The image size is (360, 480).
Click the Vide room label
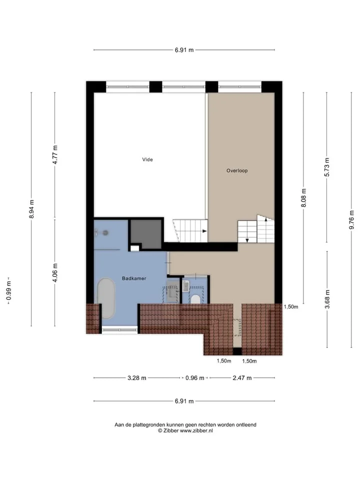click(x=147, y=159)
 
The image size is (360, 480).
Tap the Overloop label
click(x=237, y=171)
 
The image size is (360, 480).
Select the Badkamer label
click(x=134, y=278)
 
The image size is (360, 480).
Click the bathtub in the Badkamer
click(x=106, y=298)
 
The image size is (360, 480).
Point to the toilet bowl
click(x=195, y=299)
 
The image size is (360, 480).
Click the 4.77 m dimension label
click(x=55, y=154)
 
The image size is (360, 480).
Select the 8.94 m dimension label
click(x=31, y=209)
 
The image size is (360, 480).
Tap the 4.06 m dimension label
click(x=55, y=273)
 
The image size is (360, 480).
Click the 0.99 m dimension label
click(x=8, y=290)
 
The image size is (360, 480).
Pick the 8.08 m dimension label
click(x=303, y=198)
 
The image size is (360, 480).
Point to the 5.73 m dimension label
click(x=327, y=167)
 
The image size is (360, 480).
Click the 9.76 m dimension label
click(x=351, y=219)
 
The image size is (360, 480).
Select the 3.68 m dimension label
click(x=327, y=299)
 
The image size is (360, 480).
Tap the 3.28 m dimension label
click(x=137, y=378)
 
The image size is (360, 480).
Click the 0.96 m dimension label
click(x=194, y=378)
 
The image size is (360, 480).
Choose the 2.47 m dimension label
click(x=242, y=378)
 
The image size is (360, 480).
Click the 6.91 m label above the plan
click(x=184, y=50)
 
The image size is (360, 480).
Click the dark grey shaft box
click(x=146, y=234)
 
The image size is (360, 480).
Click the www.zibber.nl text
click(x=196, y=430)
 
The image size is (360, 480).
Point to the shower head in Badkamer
click(x=105, y=233)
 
